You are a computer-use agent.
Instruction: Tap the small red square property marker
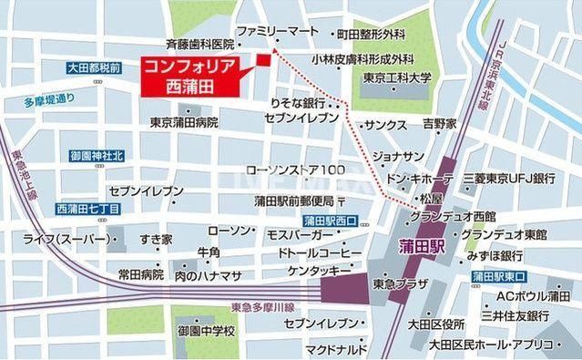264,60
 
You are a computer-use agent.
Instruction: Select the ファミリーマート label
279,30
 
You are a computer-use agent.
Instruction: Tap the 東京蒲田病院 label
185,122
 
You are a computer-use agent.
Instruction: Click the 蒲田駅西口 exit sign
332,221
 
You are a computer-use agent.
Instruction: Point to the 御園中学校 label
206,330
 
